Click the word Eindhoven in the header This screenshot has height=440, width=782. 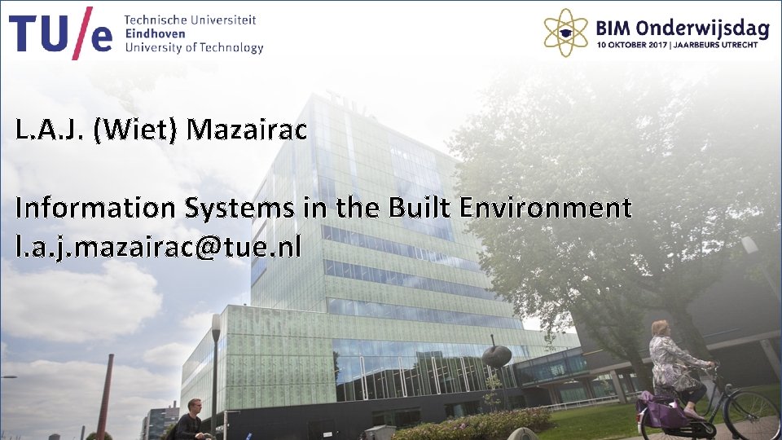pos(155,33)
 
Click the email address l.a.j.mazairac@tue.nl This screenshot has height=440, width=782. pos(158,246)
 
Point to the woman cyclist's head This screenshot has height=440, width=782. pos(661,328)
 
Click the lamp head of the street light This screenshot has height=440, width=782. pos(216,327)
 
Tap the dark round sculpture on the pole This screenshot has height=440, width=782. pos(496,355)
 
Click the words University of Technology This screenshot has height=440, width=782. pos(194,47)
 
